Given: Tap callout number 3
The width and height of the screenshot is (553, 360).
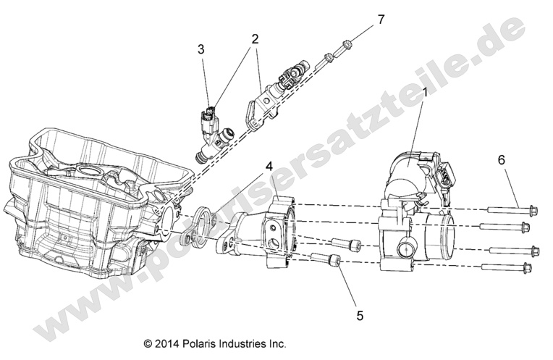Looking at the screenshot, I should click(201, 49).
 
